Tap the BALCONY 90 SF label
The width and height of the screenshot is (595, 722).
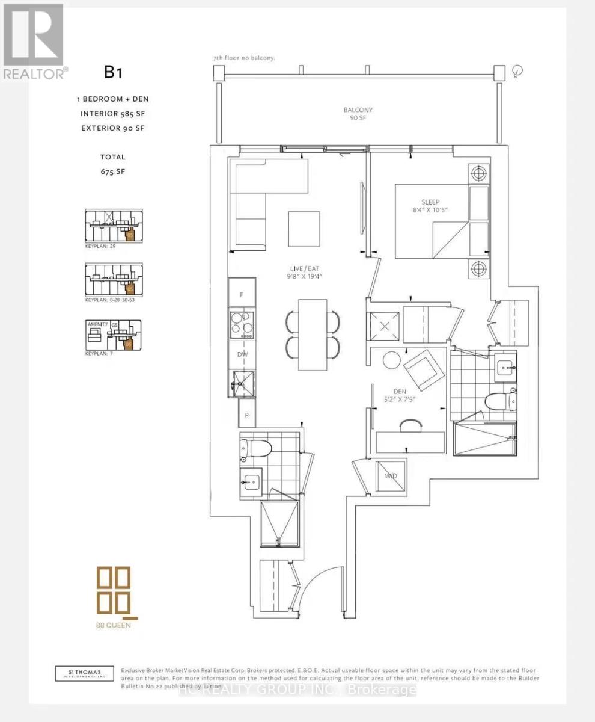(x=358, y=114)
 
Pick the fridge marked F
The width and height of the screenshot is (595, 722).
(x=242, y=295)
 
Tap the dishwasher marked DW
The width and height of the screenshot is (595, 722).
(x=242, y=354)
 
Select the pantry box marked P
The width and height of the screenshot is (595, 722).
(x=247, y=415)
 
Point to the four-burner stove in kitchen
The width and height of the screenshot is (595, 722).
(x=242, y=324)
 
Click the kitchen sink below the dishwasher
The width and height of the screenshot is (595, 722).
(x=243, y=383)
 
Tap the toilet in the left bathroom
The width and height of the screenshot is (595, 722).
(x=255, y=446)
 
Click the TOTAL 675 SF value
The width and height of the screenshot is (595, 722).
(x=113, y=171)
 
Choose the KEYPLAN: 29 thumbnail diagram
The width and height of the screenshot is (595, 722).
(x=114, y=227)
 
